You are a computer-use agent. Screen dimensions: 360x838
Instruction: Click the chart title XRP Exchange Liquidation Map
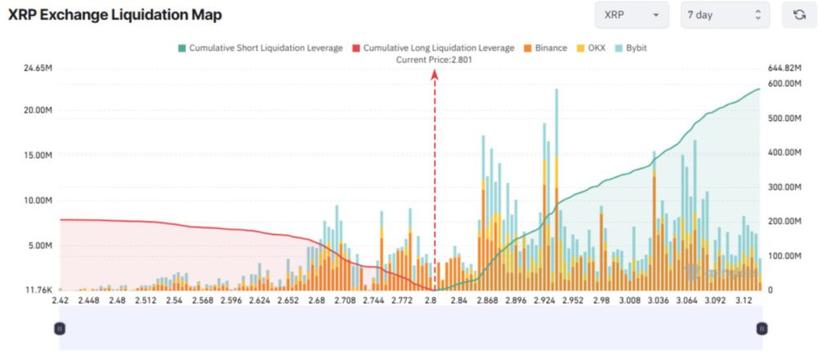tap(115, 16)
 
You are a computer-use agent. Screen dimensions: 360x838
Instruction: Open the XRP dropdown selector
tap(631, 16)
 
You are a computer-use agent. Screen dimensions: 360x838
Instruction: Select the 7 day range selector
tap(724, 16)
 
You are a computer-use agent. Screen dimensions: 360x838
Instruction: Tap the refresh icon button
tap(799, 16)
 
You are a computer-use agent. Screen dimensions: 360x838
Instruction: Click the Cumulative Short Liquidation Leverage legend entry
tap(259, 48)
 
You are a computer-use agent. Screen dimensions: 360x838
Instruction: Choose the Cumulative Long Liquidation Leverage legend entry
tap(433, 48)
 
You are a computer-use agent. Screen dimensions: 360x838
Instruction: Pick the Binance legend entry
tap(545, 48)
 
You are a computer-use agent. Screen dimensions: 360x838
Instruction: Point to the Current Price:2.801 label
tap(435, 60)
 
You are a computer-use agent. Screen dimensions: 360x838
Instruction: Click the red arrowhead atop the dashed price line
tap(435, 74)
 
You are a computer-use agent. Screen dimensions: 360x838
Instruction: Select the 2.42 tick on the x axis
tap(60, 301)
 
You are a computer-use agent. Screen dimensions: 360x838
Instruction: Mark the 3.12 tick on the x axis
tap(746, 301)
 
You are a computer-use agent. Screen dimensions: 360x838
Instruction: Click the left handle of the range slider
tap(60, 328)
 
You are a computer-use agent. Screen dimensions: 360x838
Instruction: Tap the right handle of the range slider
tap(762, 328)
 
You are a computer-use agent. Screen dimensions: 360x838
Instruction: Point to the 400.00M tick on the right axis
tap(785, 152)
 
